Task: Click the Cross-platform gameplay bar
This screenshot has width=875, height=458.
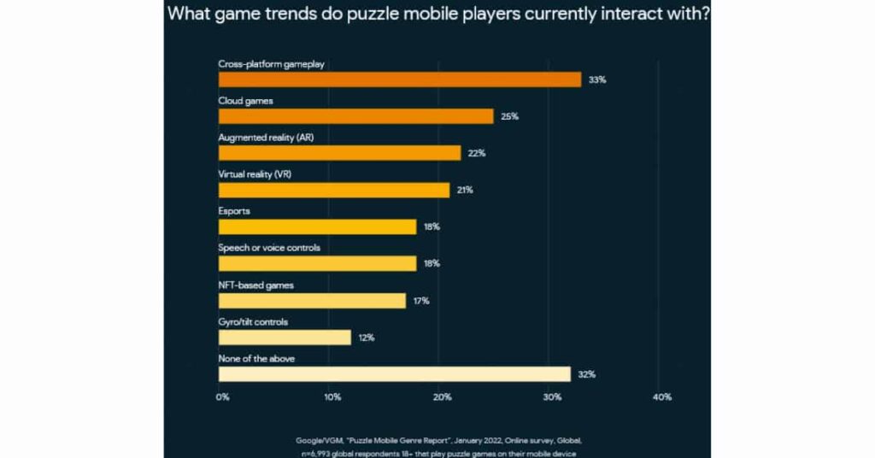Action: pos(400,79)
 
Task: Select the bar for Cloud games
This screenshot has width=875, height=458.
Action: pos(356,116)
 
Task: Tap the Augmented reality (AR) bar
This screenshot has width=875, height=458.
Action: pos(340,153)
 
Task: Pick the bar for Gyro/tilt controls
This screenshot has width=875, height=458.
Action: pos(285,338)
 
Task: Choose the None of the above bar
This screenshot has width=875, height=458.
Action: pos(394,374)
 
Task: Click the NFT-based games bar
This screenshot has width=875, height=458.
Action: pos(312,301)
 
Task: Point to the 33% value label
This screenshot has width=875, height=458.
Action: pos(596,79)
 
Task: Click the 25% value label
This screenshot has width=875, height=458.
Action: pos(510,116)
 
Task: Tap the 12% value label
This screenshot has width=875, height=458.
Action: pos(367,338)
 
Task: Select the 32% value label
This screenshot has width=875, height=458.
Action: pos(586,374)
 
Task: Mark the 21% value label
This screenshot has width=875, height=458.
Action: pos(465,190)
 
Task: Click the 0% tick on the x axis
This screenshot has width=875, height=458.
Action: pos(222,397)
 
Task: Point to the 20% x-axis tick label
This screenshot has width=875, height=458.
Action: pos(442,397)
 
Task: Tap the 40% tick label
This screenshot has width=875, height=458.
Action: pos(661,397)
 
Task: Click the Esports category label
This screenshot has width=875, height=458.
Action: pos(234,211)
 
